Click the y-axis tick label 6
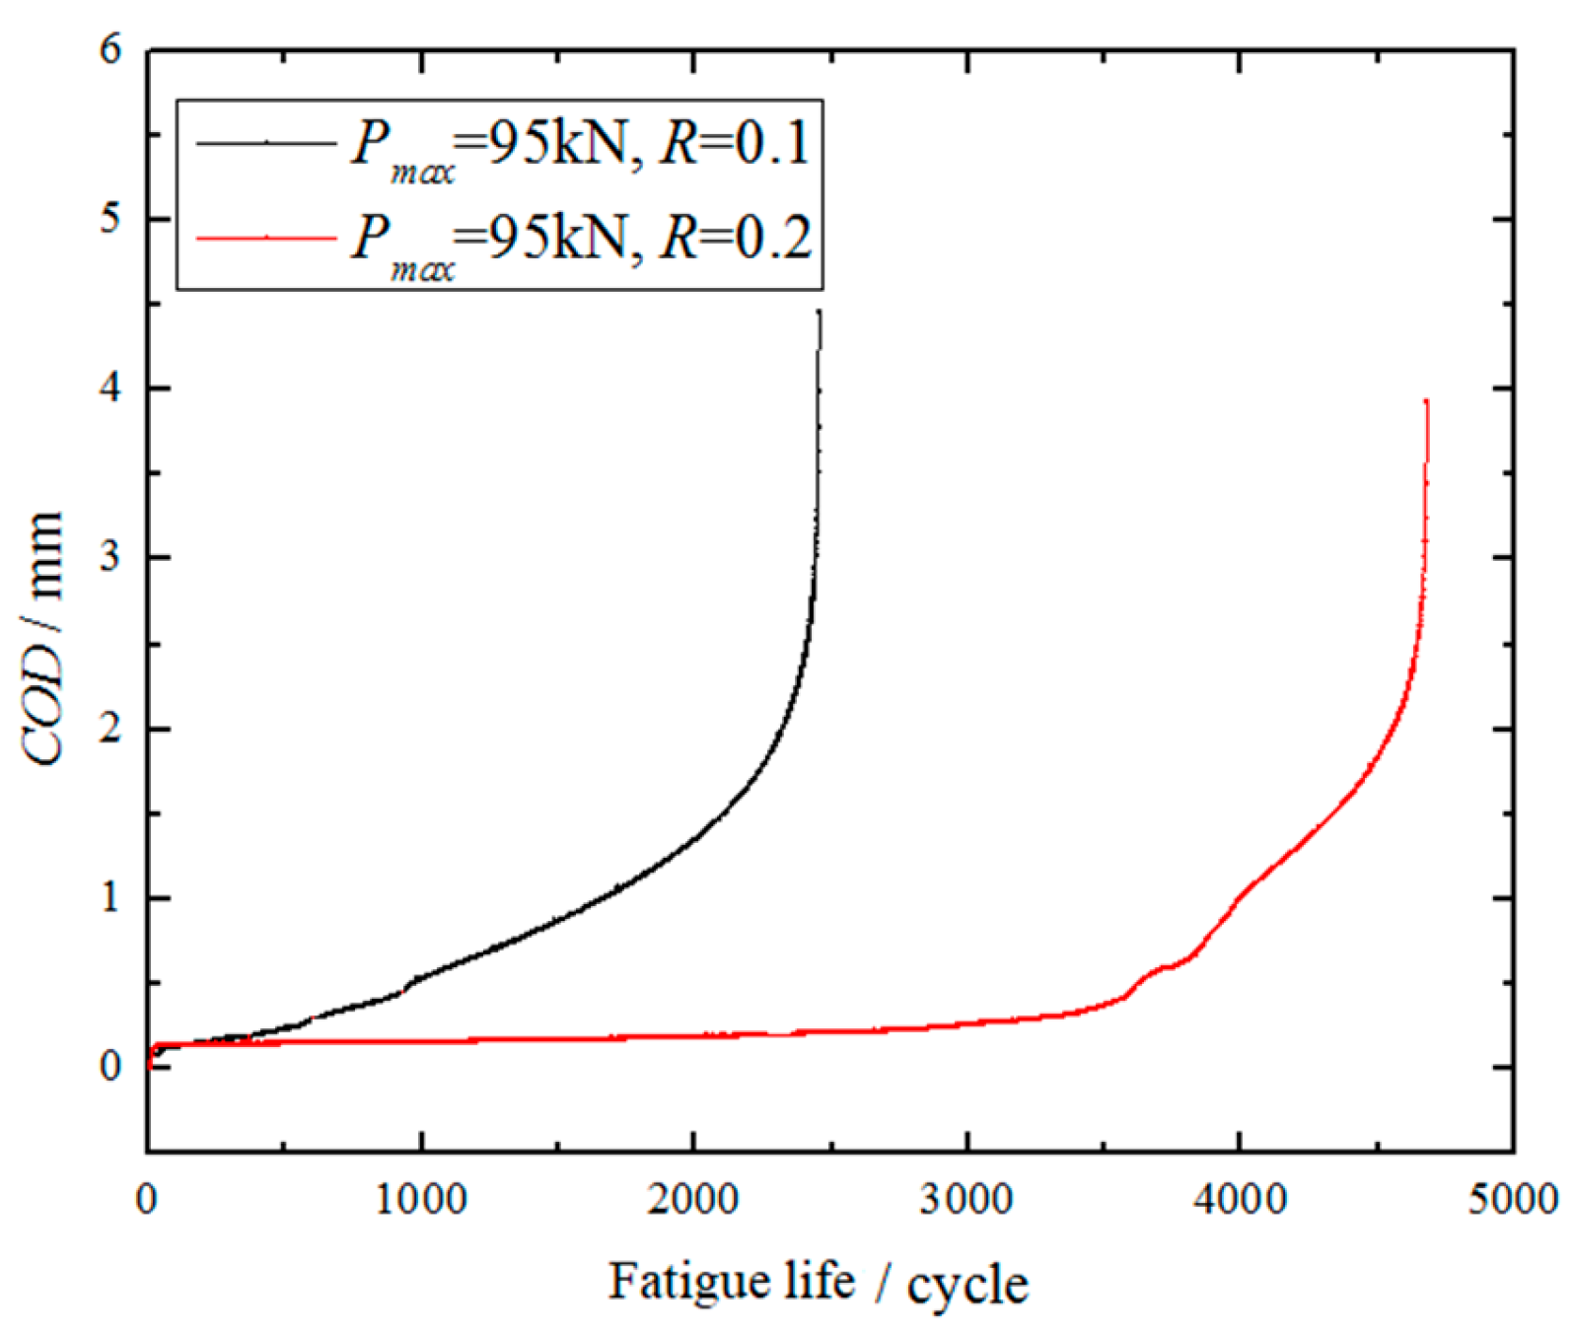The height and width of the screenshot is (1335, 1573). click(111, 49)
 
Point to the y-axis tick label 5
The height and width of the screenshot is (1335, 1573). click(111, 219)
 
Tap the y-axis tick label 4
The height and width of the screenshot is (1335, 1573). click(111, 388)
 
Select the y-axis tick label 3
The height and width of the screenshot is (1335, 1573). click(111, 558)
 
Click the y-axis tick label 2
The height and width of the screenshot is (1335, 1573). click(111, 729)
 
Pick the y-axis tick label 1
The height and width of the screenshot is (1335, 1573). click(111, 898)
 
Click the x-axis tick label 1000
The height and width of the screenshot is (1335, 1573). click(422, 1200)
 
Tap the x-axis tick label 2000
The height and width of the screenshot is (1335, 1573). click(694, 1200)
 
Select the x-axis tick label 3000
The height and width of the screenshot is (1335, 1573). click(967, 1200)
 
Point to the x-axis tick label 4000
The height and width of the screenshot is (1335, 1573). click(1241, 1200)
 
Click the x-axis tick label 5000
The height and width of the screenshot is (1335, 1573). click(1513, 1200)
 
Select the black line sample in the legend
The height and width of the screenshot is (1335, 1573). click(266, 144)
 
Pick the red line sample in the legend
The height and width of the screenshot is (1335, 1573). click(266, 238)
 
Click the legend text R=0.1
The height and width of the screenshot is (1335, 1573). click(735, 144)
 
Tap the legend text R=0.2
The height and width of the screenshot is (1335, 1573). click(736, 238)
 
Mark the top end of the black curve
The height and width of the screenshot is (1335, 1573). click(820, 313)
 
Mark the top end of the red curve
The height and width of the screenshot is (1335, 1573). click(1426, 401)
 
